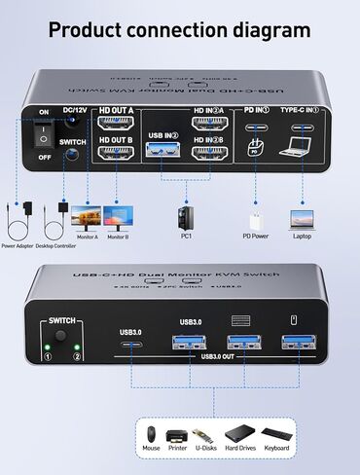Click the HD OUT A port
[x=117, y=125]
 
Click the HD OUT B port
[x=117, y=155]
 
